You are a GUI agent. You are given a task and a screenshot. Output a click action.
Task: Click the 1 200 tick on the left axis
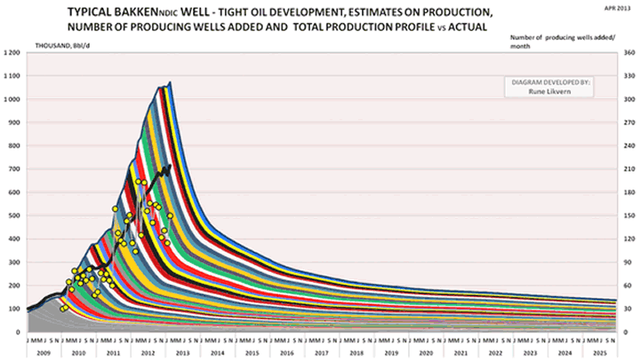12,53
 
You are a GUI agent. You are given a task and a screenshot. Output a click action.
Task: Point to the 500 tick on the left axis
15,216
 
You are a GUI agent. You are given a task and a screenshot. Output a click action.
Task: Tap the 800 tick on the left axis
15,146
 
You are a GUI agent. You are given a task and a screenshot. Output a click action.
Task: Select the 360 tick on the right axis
627,53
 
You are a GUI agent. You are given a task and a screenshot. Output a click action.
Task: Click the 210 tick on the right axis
627,169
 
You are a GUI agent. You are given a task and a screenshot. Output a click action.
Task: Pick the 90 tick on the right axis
627,262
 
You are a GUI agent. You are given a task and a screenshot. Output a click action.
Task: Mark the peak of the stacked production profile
169,83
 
